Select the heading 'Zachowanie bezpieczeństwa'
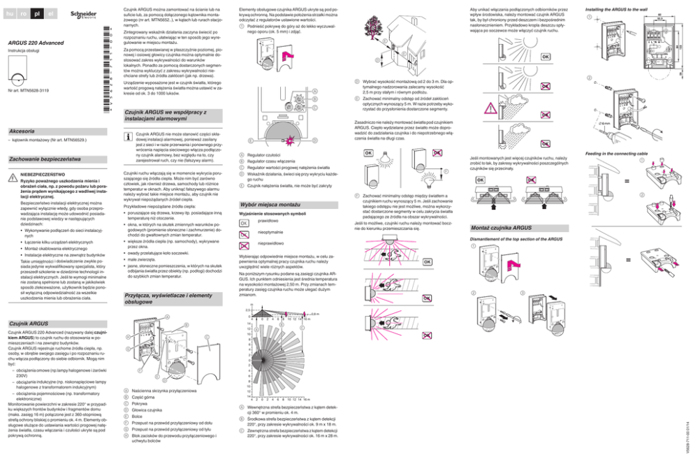pyautogui.click(x=41, y=159)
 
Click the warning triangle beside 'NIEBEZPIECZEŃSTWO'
pyautogui.click(x=12, y=176)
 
